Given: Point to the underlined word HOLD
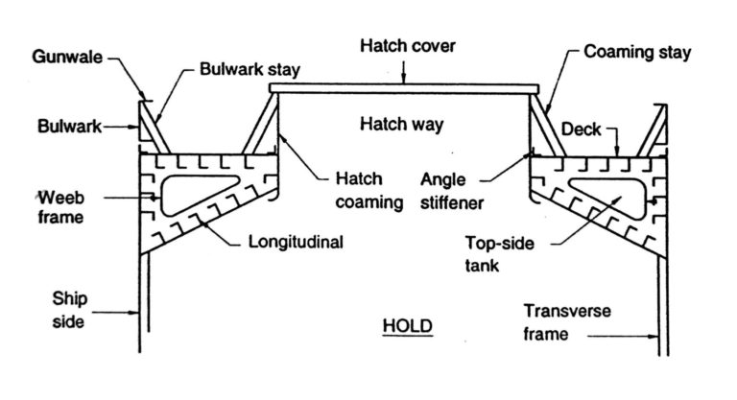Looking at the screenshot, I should (x=407, y=326).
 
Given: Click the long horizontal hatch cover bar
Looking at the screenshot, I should (x=403, y=88).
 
